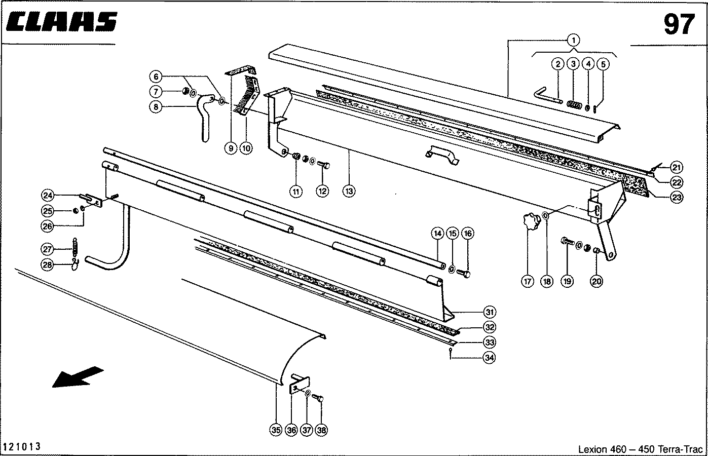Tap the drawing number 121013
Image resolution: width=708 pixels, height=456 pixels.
[22, 446]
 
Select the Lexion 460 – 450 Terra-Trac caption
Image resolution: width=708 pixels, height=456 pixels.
[641, 449]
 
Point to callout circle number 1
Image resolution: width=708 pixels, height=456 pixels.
[573, 40]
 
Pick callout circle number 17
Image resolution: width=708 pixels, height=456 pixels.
[528, 281]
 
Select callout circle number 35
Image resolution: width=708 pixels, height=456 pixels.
[275, 430]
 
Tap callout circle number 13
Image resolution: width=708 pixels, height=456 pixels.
[349, 191]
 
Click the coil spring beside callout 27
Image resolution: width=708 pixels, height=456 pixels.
[76, 247]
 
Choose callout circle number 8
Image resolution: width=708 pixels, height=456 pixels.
[156, 106]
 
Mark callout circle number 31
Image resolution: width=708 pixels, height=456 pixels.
[490, 312]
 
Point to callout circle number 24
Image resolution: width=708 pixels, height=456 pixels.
[48, 196]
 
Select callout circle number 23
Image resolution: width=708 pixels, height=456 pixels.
[677, 198]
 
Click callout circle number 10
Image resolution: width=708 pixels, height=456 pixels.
[246, 148]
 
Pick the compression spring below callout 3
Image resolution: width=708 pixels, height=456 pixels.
[574, 105]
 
